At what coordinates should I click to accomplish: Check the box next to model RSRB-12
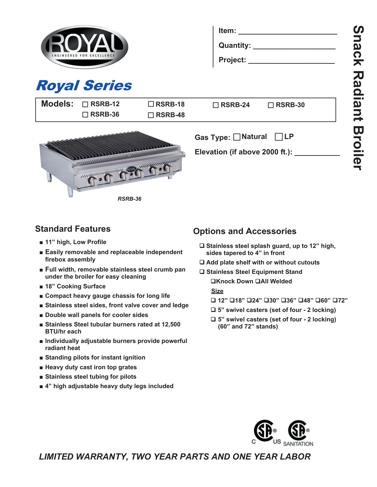tap(85, 104)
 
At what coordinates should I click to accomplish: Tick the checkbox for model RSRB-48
tap(151, 115)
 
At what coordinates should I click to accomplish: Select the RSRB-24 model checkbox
tap(216, 105)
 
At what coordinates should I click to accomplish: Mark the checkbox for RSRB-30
tap(271, 105)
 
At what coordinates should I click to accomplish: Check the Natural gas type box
tap(237, 137)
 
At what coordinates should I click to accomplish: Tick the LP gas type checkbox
tap(279, 137)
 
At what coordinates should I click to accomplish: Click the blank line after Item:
tap(287, 32)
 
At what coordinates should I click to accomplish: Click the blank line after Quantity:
tap(294, 46)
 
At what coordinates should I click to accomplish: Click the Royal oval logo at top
tap(85, 47)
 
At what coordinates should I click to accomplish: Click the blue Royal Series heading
tap(84, 86)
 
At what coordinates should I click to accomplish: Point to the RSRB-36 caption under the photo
tap(130, 199)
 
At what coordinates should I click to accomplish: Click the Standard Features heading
tap(73, 229)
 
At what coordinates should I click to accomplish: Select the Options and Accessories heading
tap(245, 231)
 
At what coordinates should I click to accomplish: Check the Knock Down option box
tap(213, 281)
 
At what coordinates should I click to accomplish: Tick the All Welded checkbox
tap(258, 281)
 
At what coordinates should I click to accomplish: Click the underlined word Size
tap(217, 291)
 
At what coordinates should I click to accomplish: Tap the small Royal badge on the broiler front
tap(131, 169)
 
